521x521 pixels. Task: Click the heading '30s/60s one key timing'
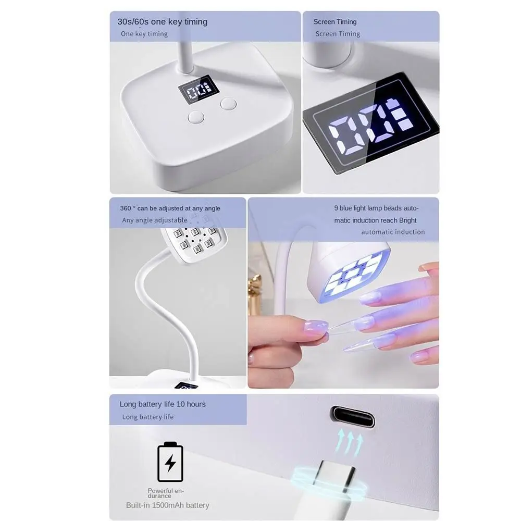click(x=162, y=22)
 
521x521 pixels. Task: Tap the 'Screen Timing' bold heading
click(x=335, y=22)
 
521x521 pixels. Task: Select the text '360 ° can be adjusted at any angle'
click(x=170, y=208)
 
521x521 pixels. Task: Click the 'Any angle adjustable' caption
click(x=155, y=220)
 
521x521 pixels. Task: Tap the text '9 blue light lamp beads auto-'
click(x=376, y=208)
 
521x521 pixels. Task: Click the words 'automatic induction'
click(x=393, y=232)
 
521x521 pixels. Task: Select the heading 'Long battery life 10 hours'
click(x=163, y=404)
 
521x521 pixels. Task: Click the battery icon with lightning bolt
click(x=170, y=462)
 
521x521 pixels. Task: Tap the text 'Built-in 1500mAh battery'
click(x=167, y=505)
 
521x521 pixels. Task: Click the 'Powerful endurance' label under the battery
click(x=166, y=493)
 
